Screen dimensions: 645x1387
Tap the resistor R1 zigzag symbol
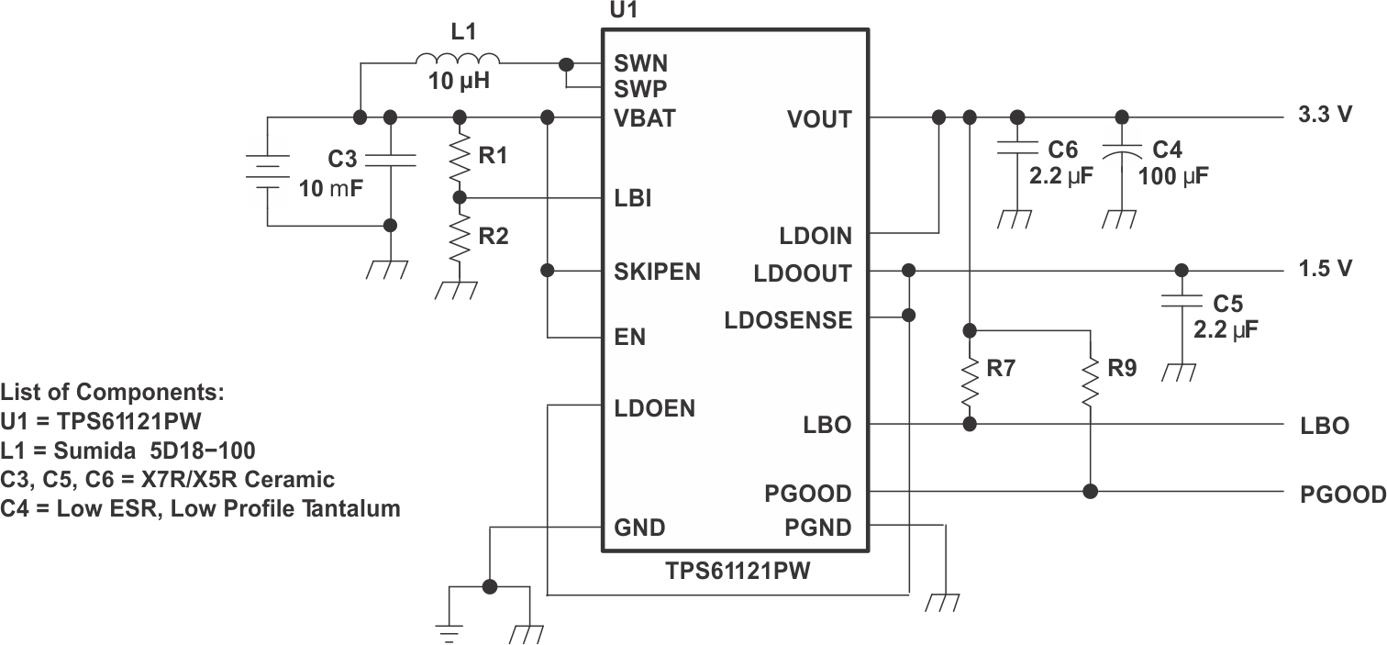pos(460,158)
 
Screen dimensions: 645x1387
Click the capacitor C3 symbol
pos(391,161)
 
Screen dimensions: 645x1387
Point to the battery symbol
pos(266,172)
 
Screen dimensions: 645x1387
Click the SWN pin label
pos(640,64)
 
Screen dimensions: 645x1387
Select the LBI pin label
pos(632,198)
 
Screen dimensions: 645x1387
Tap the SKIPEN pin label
pos(657,272)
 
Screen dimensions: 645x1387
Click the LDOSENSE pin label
pos(788,320)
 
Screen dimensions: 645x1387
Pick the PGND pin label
pos(817,528)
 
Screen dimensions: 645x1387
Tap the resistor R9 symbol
pos(1090,381)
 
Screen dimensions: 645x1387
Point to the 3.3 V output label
pos(1325,117)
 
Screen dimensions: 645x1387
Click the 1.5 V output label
pos(1325,269)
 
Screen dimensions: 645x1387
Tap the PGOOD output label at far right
pos(1342,495)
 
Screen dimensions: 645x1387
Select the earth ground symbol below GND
pos(449,628)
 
